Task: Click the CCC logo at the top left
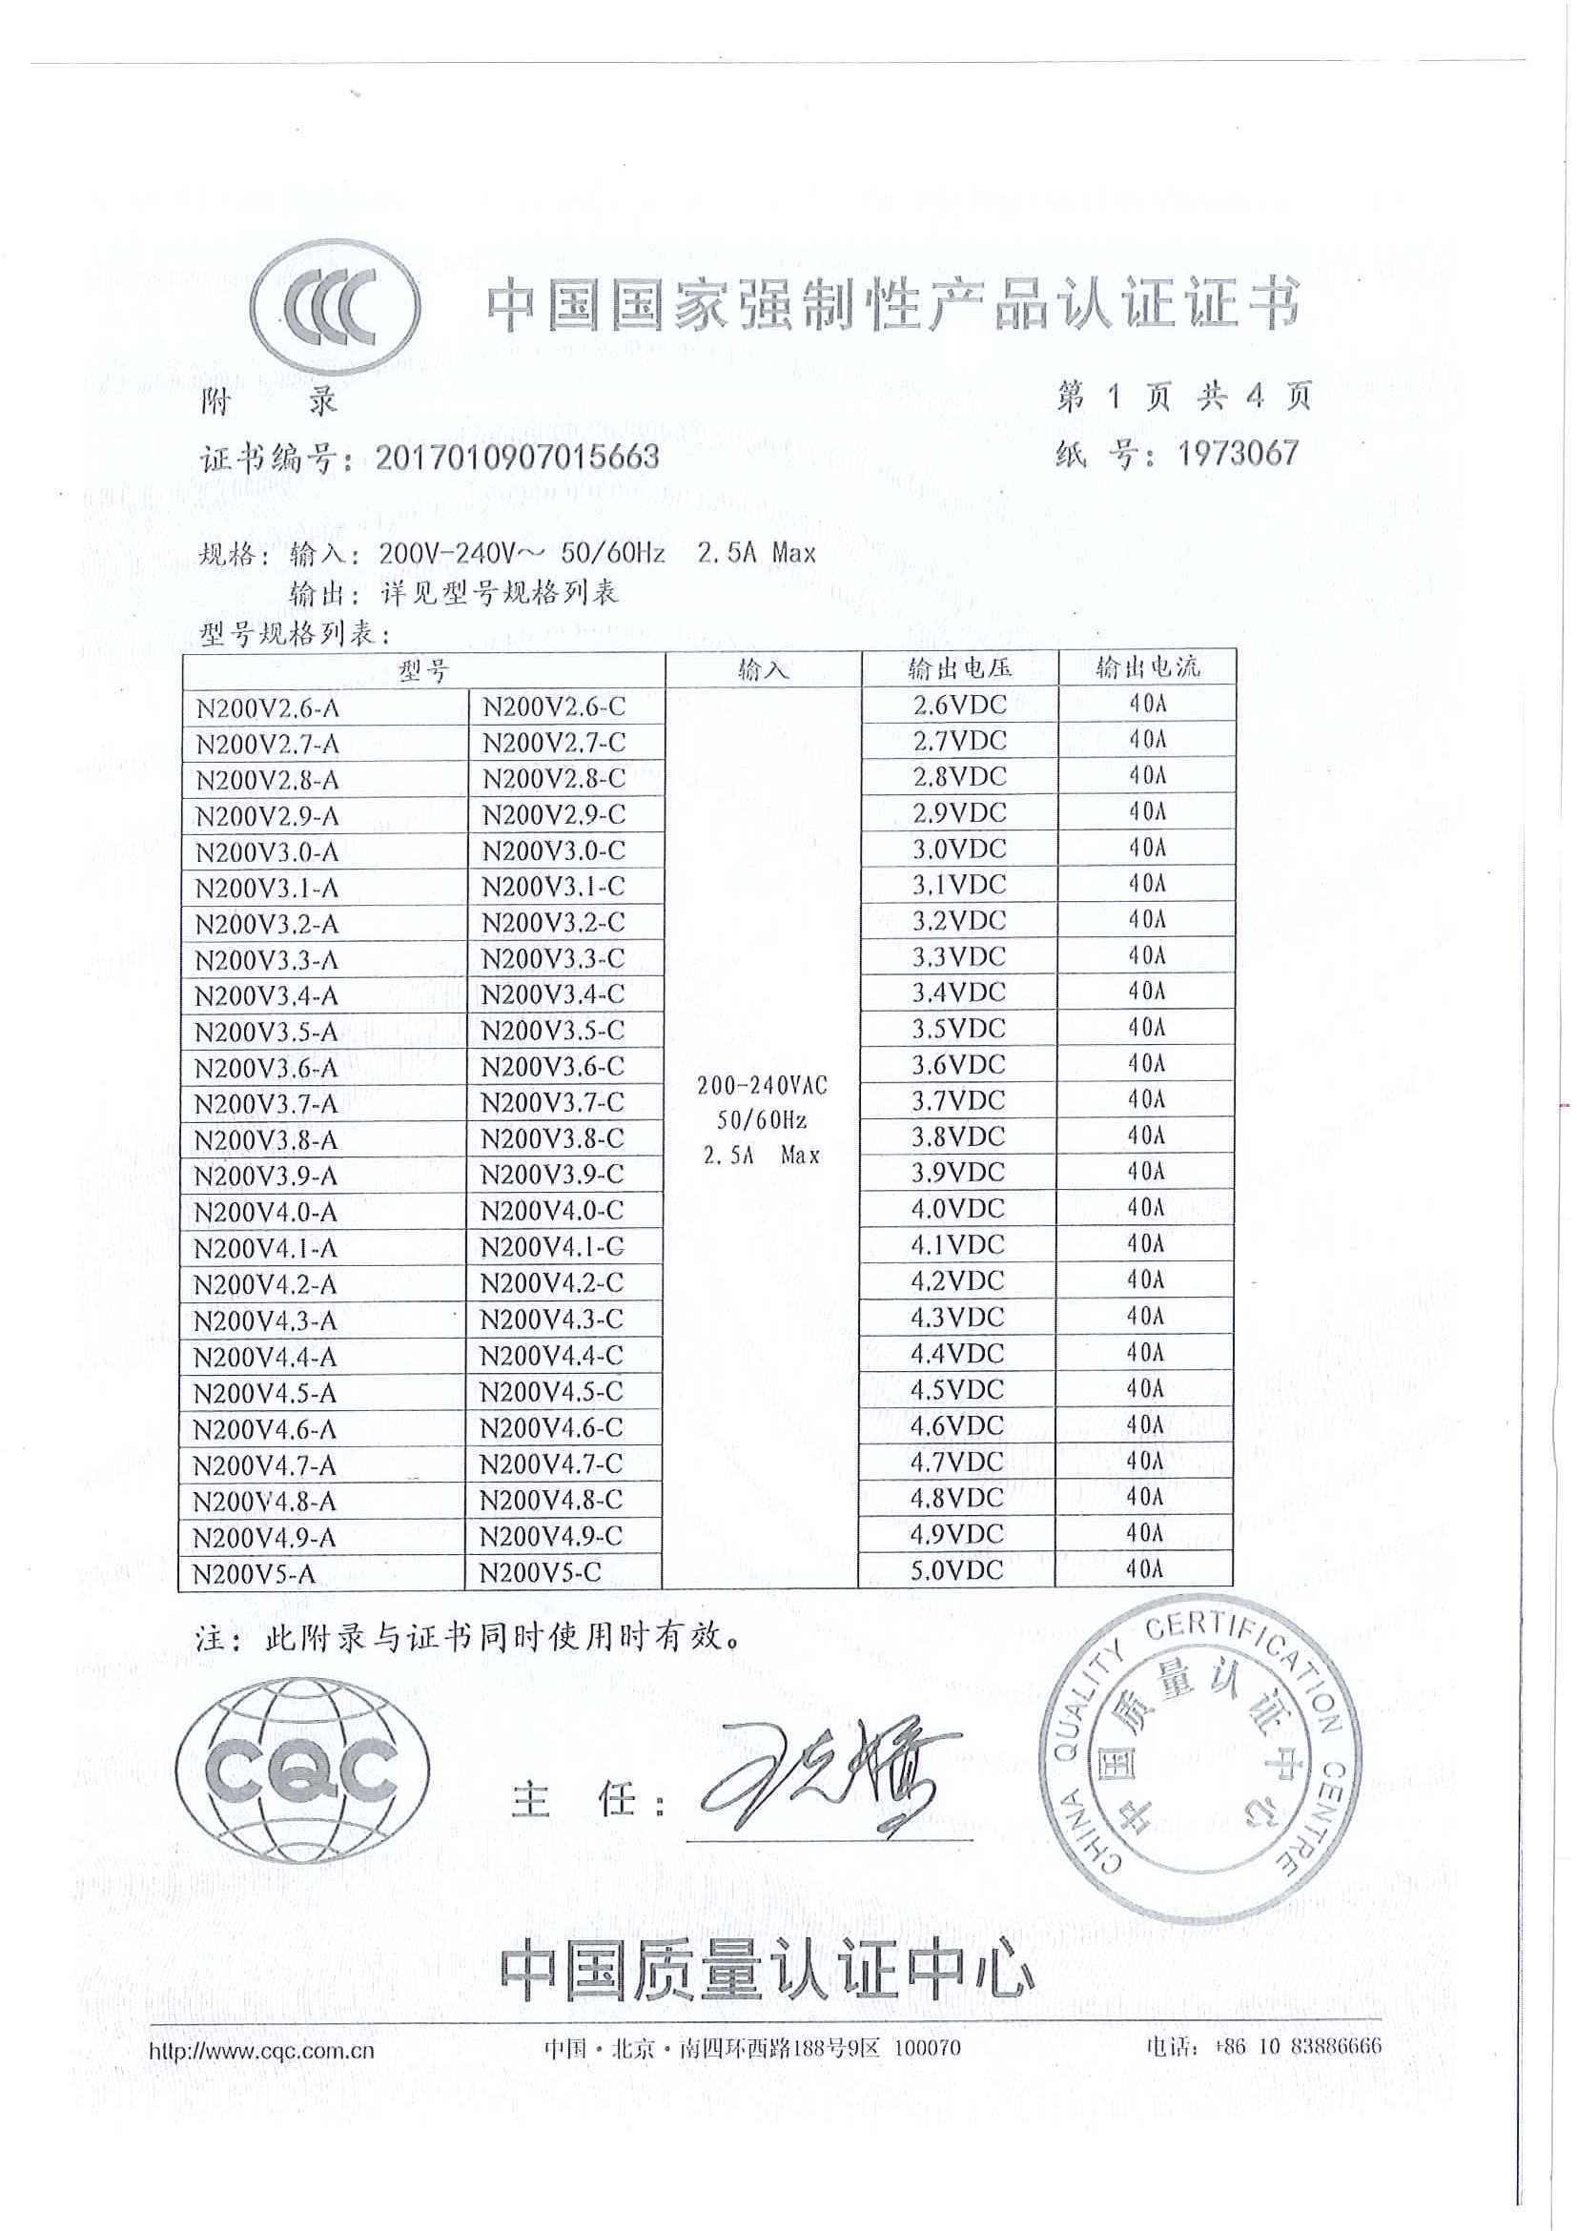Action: (x=336, y=309)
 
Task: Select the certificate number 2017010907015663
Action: (x=517, y=457)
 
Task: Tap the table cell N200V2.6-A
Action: (x=267, y=708)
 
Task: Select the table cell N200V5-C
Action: (x=542, y=1573)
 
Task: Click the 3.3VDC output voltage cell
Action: (x=958, y=957)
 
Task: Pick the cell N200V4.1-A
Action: (x=265, y=1249)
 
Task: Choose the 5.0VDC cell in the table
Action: (x=957, y=1570)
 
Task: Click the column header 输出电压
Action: (x=959, y=667)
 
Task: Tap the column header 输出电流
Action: (x=1147, y=667)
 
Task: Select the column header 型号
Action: (x=423, y=670)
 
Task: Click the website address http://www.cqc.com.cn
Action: (x=261, y=2052)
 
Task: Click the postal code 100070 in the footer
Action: (x=926, y=2048)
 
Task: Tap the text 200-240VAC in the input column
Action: (x=762, y=1085)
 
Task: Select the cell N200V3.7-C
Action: (x=552, y=1103)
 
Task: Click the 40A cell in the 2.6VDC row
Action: (x=1147, y=704)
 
